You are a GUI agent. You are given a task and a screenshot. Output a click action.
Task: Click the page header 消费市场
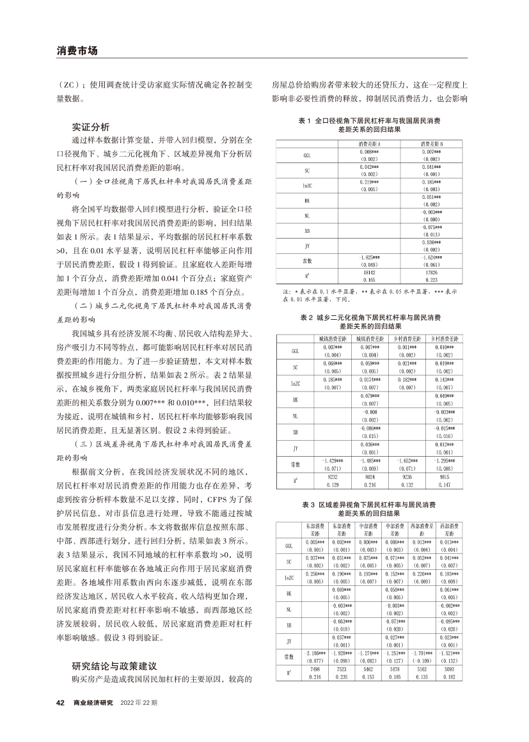tap(76, 50)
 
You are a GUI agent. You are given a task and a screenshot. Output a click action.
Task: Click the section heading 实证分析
tap(91, 126)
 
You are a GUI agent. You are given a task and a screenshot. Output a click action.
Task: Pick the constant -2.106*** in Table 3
tap(314, 654)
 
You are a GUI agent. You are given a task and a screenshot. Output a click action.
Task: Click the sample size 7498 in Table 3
tap(314, 668)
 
